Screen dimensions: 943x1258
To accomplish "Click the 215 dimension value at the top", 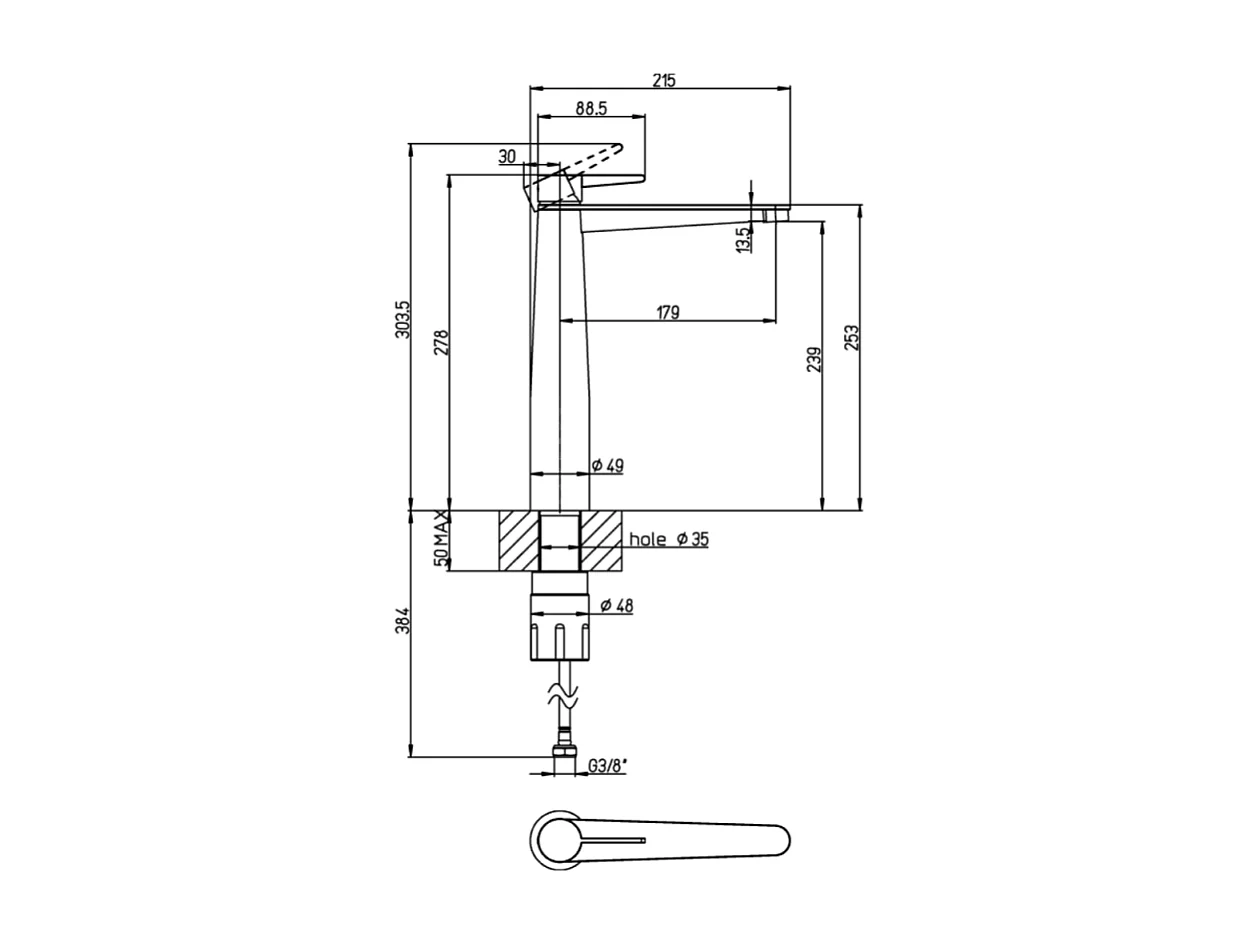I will tap(663, 80).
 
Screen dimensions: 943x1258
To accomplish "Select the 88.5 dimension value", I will tap(591, 108).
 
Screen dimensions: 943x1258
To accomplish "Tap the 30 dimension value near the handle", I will tap(507, 156).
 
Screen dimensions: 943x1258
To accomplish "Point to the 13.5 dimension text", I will tap(742, 239).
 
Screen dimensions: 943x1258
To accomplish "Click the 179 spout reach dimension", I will tap(668, 312).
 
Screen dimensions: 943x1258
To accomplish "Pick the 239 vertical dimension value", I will tap(813, 360).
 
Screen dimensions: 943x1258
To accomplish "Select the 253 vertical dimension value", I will tap(851, 338).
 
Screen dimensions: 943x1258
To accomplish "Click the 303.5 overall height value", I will tap(402, 318).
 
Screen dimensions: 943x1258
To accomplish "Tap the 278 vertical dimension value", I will tap(441, 342).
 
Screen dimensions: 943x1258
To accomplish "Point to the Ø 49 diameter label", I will tap(607, 465).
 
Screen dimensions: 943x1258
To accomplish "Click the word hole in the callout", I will tap(647, 540).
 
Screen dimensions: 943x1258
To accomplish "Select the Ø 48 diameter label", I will tap(616, 605).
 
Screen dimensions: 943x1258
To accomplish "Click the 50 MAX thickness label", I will tap(440, 539).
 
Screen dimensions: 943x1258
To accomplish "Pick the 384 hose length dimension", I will tap(402, 621).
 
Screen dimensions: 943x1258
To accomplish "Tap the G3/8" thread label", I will tap(607, 766).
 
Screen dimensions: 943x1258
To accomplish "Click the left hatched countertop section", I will tap(518, 541).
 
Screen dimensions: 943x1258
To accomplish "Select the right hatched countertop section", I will tap(602, 541).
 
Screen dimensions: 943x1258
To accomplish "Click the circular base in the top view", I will tap(555, 838).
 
